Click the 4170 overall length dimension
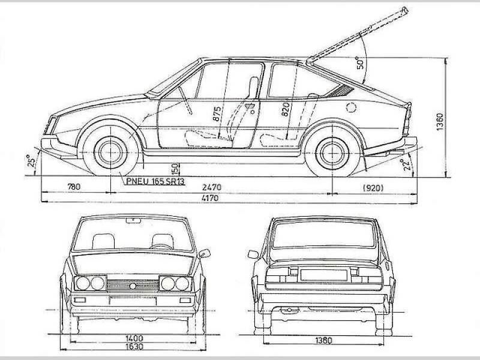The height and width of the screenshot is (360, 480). coord(210,198)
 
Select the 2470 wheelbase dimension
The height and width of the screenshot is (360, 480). coord(212,187)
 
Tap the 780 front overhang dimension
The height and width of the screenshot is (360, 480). coord(74,187)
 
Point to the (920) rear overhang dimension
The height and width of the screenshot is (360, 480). coord(373,188)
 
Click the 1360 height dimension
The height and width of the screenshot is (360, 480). coord(440,122)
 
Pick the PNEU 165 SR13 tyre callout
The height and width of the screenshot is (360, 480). coord(155,181)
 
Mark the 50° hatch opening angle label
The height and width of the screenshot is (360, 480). coord(361,63)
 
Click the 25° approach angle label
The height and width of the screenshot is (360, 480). coord(31,161)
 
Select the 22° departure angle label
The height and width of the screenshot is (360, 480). coord(406,164)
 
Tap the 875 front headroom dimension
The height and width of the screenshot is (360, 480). coord(217,114)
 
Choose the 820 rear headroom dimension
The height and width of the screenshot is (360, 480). coord(285,109)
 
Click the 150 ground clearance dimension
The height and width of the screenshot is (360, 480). coord(174,169)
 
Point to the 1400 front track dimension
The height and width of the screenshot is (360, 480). coord(134,338)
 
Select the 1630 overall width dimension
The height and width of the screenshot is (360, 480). coord(134,346)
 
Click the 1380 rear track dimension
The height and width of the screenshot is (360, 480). coord(323,340)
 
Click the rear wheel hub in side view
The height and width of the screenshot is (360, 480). coord(333,153)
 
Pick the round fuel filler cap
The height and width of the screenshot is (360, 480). coord(351,107)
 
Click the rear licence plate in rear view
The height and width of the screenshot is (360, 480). coord(323,275)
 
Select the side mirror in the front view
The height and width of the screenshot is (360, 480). coord(204,253)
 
